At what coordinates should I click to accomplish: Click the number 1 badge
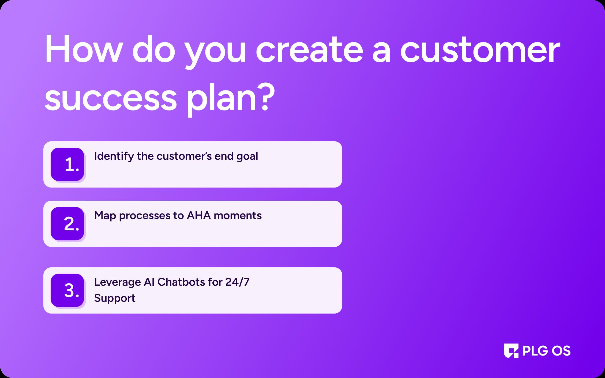[67, 164]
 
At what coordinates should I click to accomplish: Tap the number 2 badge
[67, 224]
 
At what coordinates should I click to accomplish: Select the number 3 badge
[67, 290]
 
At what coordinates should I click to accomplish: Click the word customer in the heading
[480, 51]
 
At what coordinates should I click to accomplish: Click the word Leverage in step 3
[118, 282]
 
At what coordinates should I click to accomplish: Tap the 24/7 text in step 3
[237, 282]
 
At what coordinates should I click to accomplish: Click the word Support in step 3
[115, 298]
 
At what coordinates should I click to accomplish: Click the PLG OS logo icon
[511, 351]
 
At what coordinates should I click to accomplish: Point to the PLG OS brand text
[547, 351]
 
